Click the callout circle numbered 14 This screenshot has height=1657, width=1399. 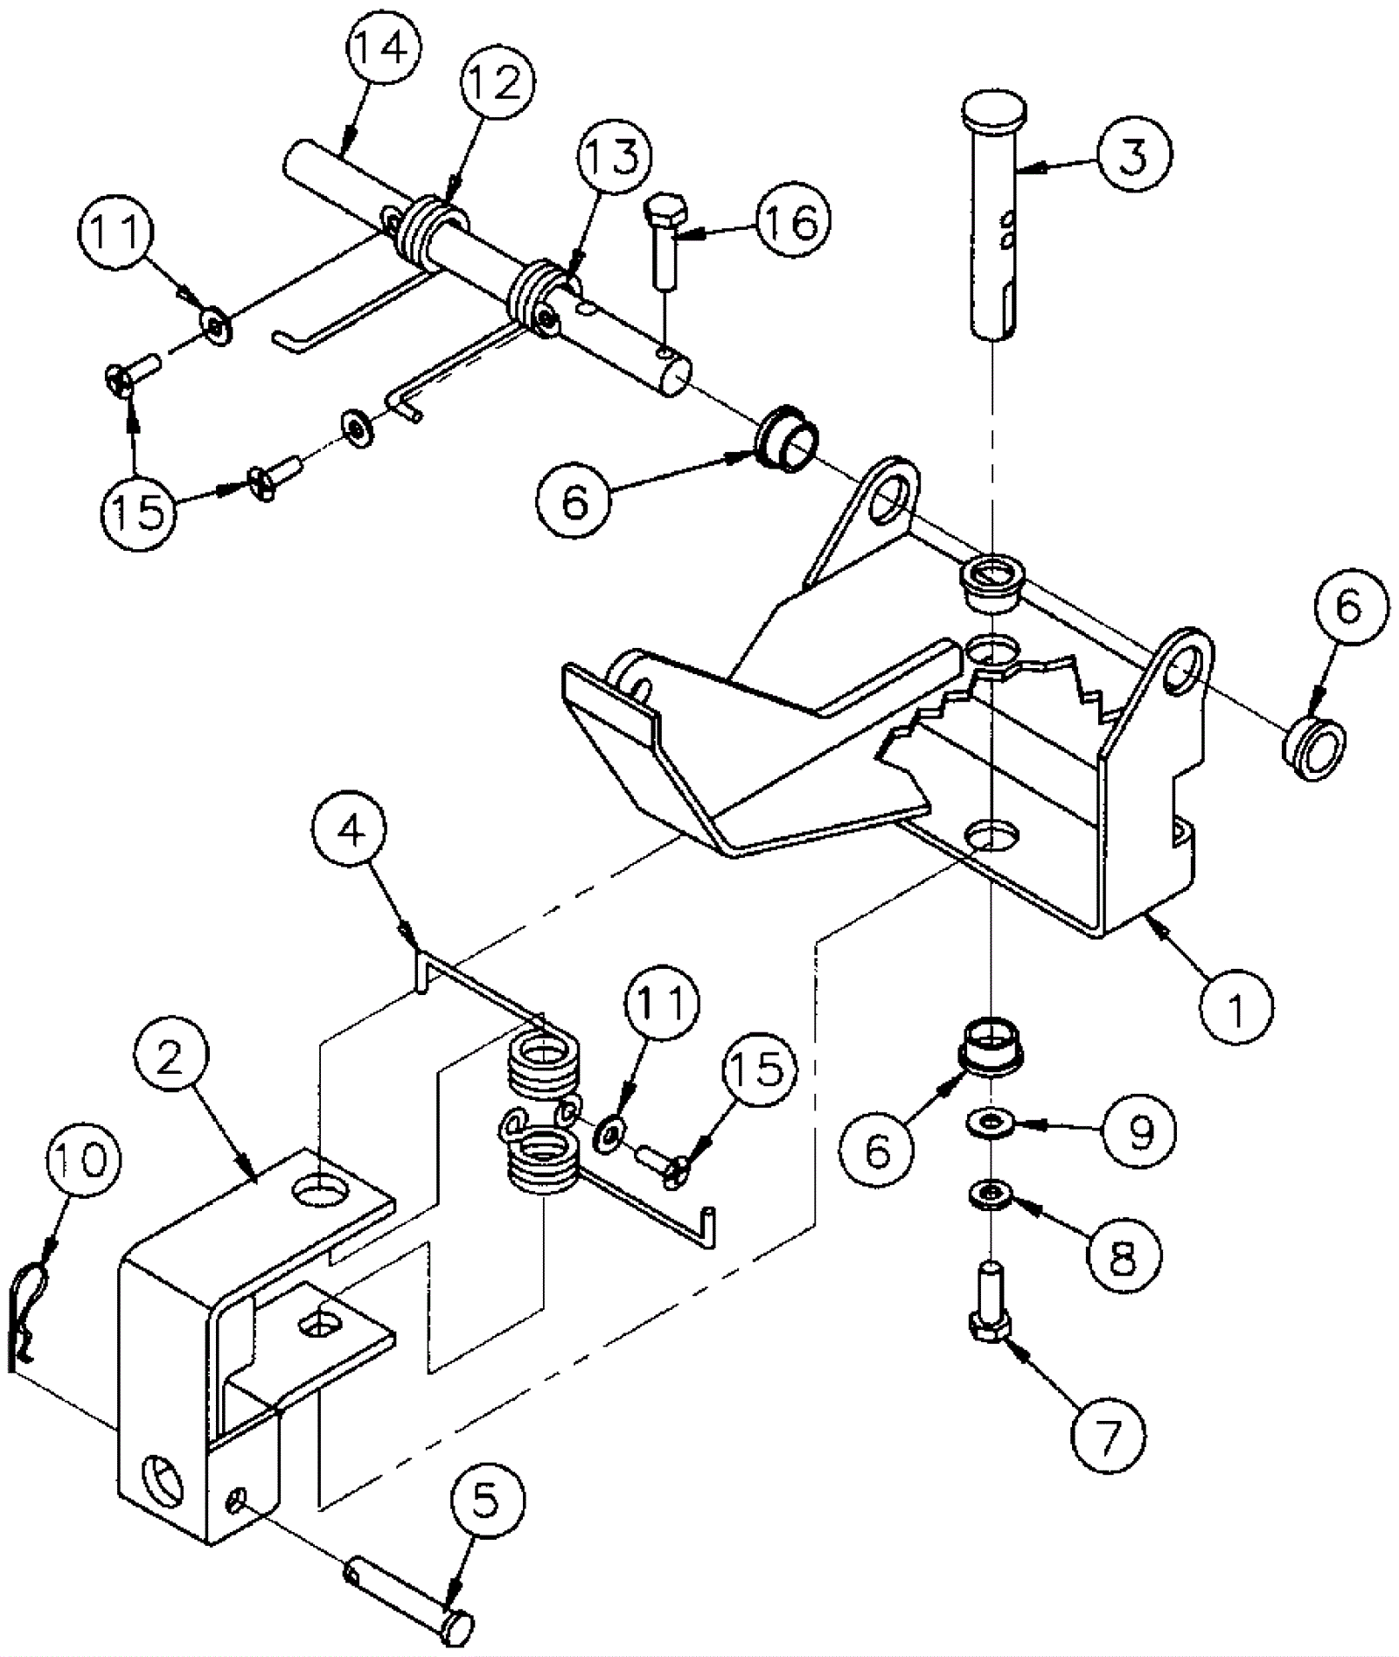382,49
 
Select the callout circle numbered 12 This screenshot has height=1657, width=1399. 498,84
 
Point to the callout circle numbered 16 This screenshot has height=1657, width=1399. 792,222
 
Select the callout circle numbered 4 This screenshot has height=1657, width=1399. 351,833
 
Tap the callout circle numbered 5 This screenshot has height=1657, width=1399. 486,1501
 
